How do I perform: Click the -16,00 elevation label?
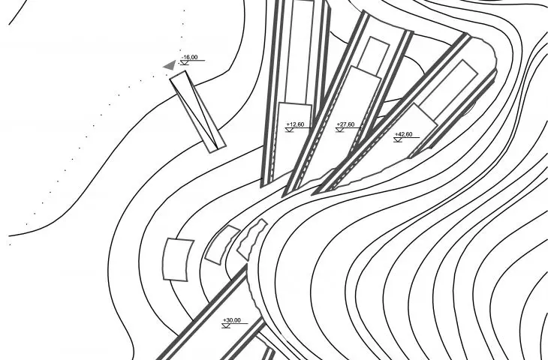coord(189,57)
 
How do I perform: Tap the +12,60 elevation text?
coord(295,124)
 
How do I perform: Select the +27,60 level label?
coord(345,124)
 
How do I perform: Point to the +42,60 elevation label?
coord(403,134)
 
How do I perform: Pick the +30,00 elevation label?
coord(232,320)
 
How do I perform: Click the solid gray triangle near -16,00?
coord(170,65)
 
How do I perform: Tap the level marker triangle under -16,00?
coord(184,63)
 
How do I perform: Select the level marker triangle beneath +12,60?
coord(289,130)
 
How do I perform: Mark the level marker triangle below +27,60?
coord(340,130)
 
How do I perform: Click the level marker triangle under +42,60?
coord(398,140)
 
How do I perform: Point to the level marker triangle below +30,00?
coord(226,325)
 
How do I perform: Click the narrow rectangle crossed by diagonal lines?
coord(198,112)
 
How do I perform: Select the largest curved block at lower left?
coord(178,259)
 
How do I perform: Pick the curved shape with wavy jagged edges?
coord(251,239)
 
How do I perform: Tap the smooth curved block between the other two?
coord(222,244)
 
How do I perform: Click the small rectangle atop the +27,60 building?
coord(374,56)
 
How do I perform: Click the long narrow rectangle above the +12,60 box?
coord(300,52)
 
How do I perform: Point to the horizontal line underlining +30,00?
coord(235,323)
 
